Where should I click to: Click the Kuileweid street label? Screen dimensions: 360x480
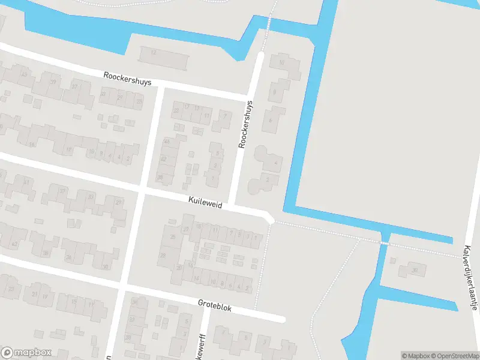[x=205, y=205]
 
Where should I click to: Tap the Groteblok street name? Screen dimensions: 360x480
[x=214, y=305]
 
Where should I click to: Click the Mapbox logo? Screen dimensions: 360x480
[x=26, y=353]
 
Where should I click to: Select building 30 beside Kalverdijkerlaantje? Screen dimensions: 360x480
[x=413, y=269]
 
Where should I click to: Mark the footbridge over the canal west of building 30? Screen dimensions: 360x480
[x=384, y=244]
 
